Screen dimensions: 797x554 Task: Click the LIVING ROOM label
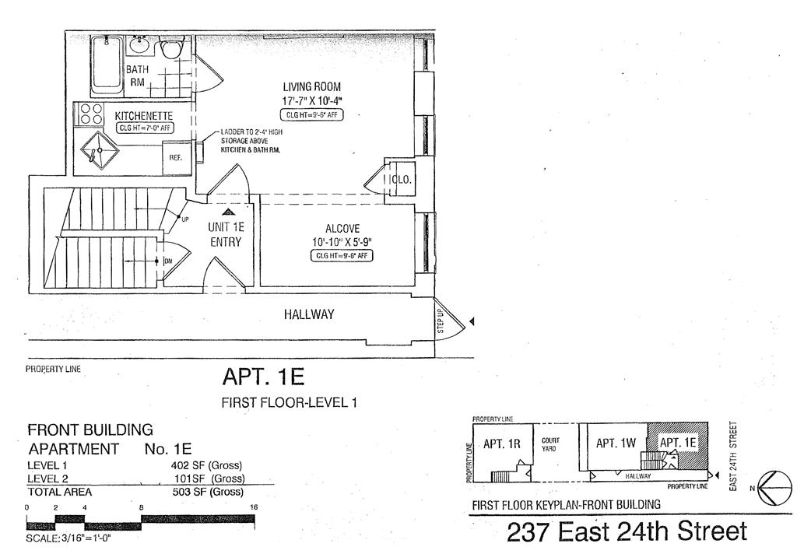pyautogui.click(x=311, y=86)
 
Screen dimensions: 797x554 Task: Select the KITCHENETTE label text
pyautogui.click(x=132, y=114)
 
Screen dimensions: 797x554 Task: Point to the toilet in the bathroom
pyautogui.click(x=170, y=48)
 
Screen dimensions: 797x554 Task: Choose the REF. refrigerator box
pyautogui.click(x=176, y=157)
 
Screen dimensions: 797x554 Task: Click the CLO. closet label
pyautogui.click(x=402, y=179)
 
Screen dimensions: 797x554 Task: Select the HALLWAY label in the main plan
pyautogui.click(x=308, y=314)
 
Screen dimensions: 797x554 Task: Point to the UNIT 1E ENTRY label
pyautogui.click(x=226, y=234)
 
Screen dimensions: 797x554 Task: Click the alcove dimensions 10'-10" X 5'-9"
pyautogui.click(x=342, y=242)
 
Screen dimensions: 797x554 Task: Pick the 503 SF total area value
pyautogui.click(x=208, y=492)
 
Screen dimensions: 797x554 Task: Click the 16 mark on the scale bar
pyautogui.click(x=252, y=507)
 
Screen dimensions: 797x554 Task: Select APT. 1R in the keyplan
pyautogui.click(x=502, y=444)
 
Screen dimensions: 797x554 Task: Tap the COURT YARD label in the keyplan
pyautogui.click(x=550, y=444)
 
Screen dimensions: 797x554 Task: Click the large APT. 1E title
pyautogui.click(x=263, y=377)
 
